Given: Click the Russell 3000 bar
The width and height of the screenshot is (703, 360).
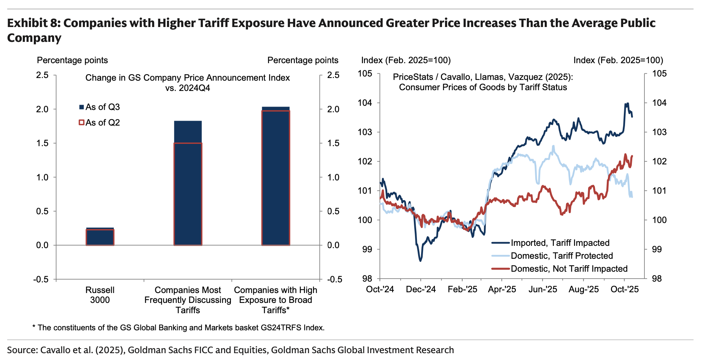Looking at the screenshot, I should tap(100, 237).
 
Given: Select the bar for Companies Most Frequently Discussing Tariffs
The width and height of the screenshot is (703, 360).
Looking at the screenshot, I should tap(188, 190).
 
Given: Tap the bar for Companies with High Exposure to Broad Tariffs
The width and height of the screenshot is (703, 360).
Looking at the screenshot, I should tap(275, 179).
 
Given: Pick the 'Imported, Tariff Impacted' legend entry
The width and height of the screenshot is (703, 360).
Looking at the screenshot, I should tap(560, 243).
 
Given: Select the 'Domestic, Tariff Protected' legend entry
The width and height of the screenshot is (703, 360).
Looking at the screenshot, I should tap(561, 256).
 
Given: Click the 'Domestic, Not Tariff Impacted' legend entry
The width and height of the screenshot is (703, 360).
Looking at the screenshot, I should tap(569, 269).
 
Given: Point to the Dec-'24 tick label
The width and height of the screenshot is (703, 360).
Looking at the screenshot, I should tap(421, 289).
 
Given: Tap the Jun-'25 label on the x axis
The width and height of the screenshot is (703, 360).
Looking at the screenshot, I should tap(542, 289).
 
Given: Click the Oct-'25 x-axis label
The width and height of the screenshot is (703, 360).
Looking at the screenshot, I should tap(624, 289).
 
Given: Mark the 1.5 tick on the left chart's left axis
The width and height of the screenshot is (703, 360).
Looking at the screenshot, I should tap(42, 143).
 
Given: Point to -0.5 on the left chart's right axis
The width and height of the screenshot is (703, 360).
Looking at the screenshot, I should tap(335, 279).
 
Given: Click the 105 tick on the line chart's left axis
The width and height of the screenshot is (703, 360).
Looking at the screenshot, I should tap(365, 73).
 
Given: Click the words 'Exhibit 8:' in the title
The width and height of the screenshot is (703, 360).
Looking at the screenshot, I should tap(33, 23).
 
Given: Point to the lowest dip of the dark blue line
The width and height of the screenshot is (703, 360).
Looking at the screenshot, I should tap(420, 261).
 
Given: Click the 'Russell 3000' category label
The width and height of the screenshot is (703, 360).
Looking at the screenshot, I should tap(100, 295).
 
